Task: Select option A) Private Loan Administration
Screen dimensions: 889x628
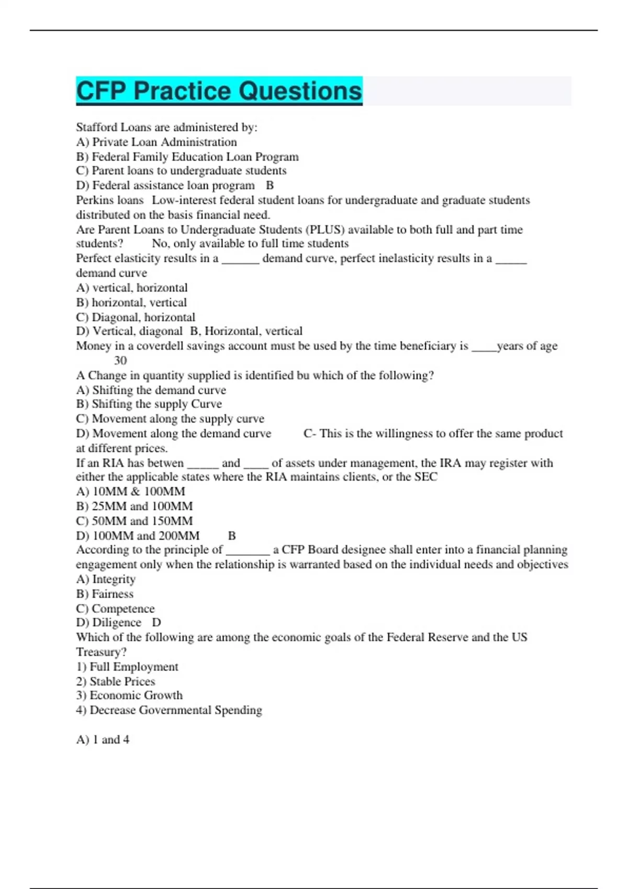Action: (156, 142)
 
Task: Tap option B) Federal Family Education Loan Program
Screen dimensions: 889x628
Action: (187, 156)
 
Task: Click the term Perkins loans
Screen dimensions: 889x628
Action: (109, 200)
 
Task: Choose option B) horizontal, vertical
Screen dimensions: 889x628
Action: (131, 302)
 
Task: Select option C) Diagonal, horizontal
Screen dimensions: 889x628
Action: (135, 317)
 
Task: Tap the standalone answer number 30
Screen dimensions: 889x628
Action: (120, 360)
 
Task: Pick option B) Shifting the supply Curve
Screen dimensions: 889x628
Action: (149, 404)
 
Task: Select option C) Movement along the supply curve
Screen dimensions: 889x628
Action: (170, 418)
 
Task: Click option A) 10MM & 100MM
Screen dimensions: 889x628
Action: (130, 492)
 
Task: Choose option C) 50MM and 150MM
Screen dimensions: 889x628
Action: (134, 521)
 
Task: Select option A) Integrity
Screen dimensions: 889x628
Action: (105, 579)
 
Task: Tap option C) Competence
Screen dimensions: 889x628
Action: (115, 608)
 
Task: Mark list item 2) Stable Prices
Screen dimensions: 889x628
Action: (115, 681)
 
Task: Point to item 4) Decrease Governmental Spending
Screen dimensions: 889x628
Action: (169, 710)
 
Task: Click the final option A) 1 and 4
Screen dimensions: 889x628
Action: (103, 739)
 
